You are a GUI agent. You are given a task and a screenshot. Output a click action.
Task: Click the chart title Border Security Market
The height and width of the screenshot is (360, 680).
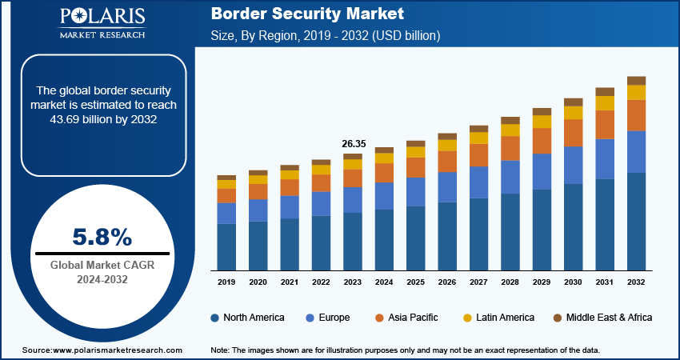pyautogui.click(x=307, y=14)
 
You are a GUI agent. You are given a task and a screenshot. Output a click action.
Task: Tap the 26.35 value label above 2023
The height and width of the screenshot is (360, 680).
pyautogui.click(x=353, y=144)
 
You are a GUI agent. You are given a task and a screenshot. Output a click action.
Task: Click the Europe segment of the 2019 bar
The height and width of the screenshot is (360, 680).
pyautogui.click(x=226, y=213)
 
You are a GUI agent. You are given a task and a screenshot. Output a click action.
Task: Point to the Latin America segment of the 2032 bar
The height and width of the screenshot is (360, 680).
pyautogui.click(x=636, y=92)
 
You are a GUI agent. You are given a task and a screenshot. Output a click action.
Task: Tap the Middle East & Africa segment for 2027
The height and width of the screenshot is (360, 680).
pyautogui.click(x=478, y=129)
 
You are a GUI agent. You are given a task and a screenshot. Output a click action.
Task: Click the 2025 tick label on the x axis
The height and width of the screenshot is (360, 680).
pyautogui.click(x=415, y=282)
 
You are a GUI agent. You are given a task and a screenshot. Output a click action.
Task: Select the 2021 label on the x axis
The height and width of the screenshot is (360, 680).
pyautogui.click(x=290, y=282)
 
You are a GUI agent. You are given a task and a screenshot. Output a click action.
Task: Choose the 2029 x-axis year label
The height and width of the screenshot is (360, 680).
pyautogui.click(x=542, y=282)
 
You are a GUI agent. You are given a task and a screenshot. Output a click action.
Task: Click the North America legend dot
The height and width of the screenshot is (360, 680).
pyautogui.click(x=214, y=318)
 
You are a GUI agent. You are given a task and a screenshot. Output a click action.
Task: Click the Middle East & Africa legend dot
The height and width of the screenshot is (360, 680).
pyautogui.click(x=558, y=318)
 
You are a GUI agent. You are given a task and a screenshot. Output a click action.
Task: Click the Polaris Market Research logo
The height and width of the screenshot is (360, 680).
pyautogui.click(x=102, y=24)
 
